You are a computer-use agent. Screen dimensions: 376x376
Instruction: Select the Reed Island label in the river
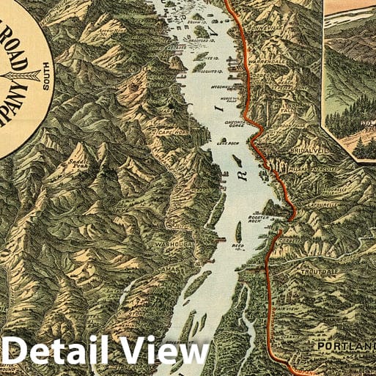(238, 246)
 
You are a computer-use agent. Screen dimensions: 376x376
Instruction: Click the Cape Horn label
(169, 132)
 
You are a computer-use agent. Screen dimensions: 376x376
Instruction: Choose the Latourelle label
(322, 204)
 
